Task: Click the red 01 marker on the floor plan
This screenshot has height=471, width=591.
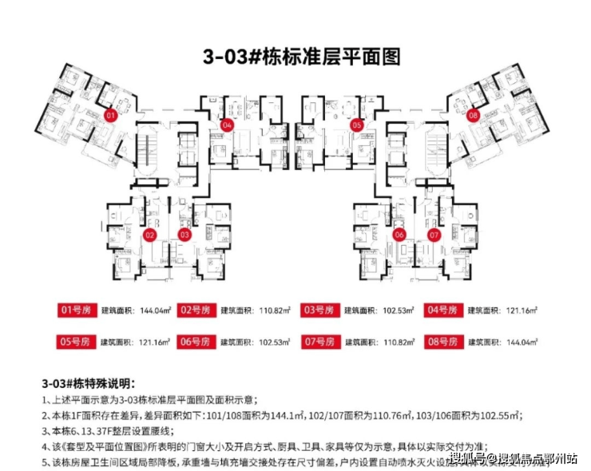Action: coord(110,115)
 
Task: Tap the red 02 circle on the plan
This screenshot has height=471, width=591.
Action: coord(149,235)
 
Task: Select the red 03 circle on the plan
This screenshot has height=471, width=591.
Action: coord(184,235)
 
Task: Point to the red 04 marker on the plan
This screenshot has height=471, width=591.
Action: coord(228,125)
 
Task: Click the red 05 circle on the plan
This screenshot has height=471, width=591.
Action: coord(356,125)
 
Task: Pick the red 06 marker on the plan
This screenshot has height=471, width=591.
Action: coord(399,235)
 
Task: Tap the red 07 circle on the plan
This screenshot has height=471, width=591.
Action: coord(434,235)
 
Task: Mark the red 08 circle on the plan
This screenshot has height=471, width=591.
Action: coord(474,116)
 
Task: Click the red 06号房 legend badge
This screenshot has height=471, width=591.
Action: coord(199,341)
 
